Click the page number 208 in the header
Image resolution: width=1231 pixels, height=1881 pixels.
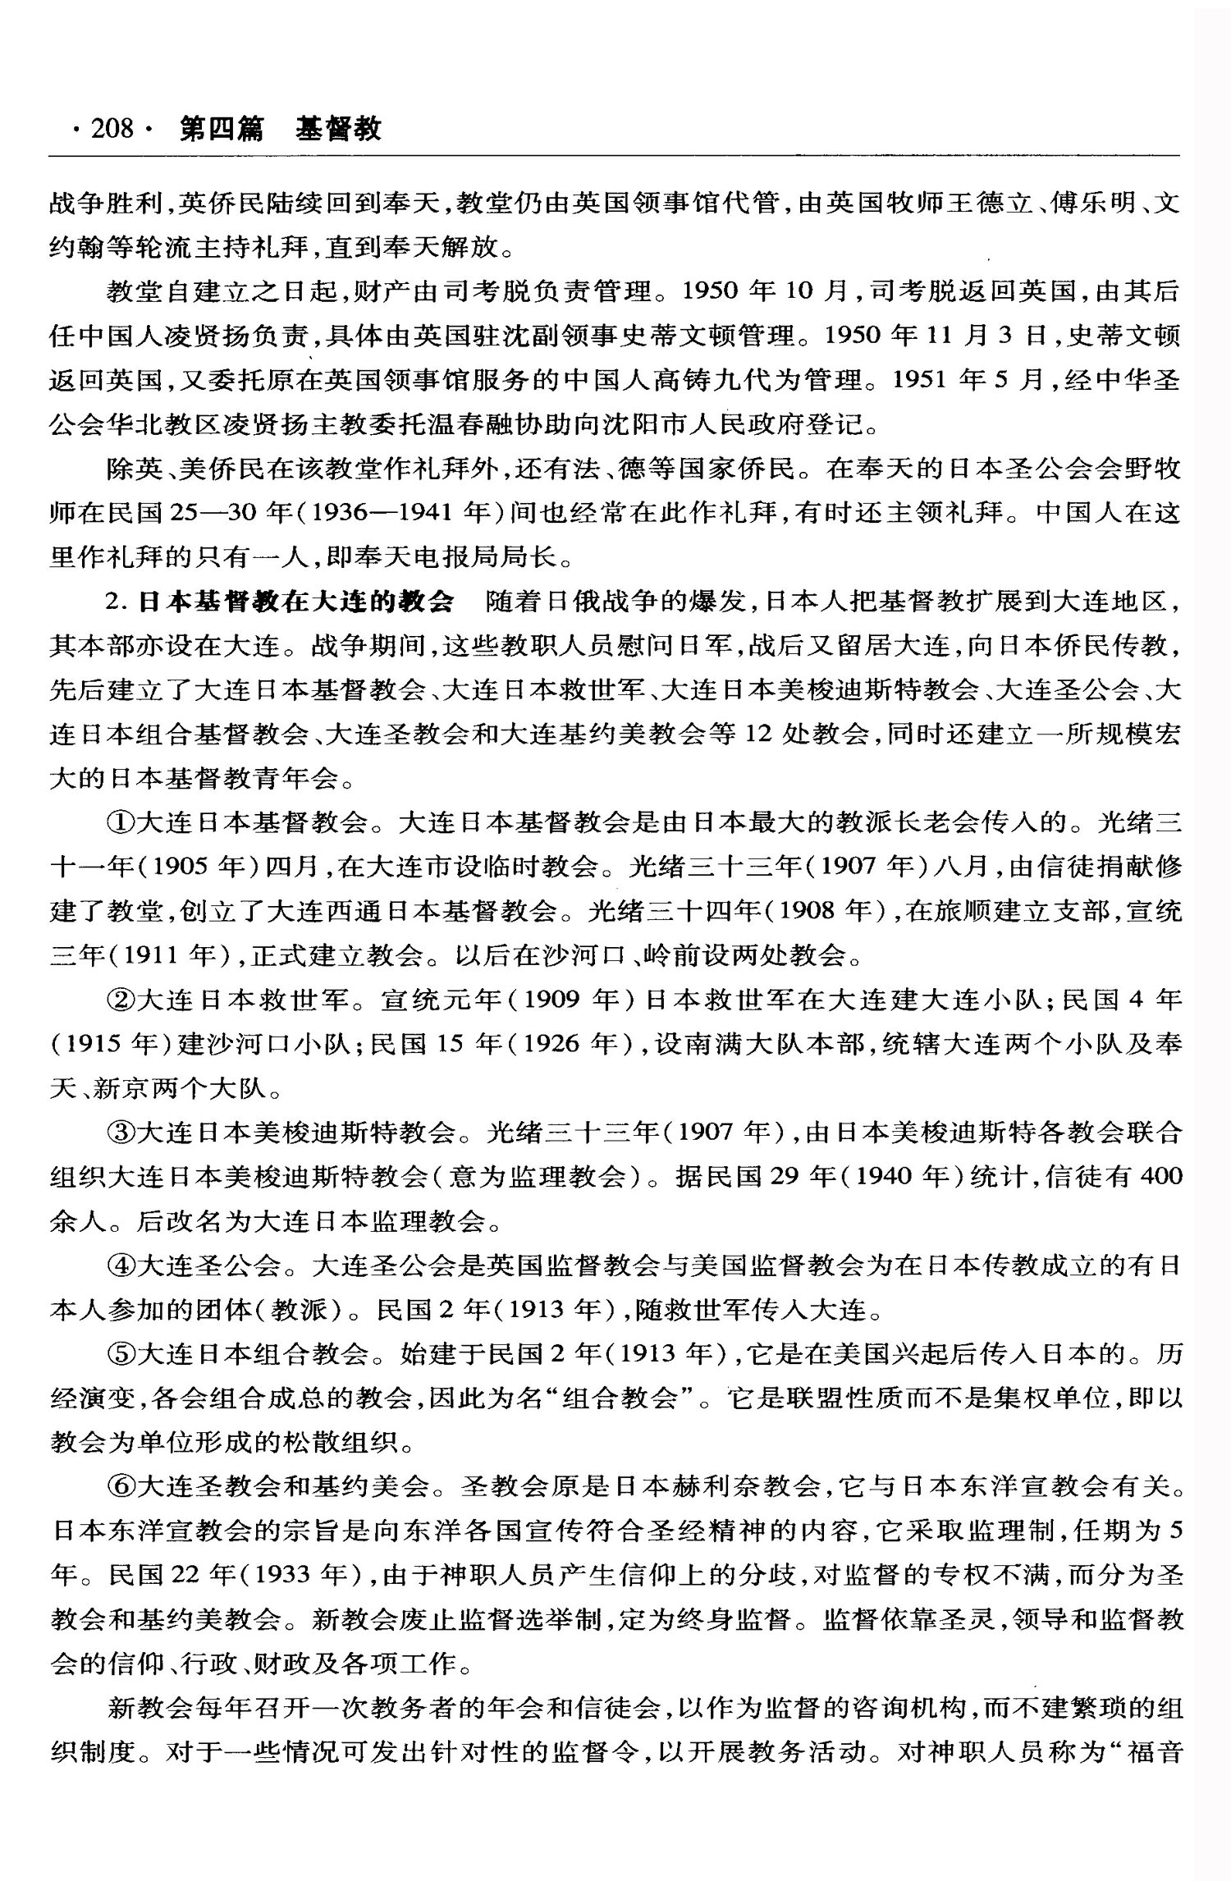(x=112, y=129)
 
